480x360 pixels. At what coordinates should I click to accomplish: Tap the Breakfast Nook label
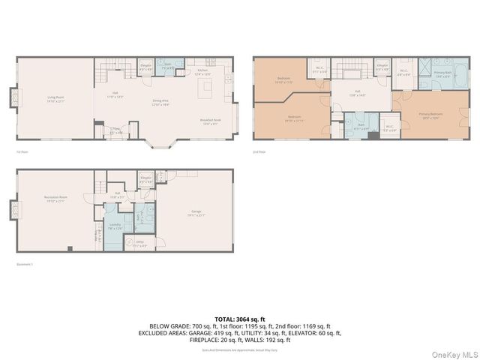pos(209,122)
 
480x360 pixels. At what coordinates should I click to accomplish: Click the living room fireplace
pos(13,98)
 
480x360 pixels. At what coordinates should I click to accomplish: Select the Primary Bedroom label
pos(430,115)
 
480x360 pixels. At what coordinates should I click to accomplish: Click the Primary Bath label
pos(443,73)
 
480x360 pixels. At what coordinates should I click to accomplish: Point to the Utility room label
pos(140,243)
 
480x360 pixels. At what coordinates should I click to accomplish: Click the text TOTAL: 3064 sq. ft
pos(240,319)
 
